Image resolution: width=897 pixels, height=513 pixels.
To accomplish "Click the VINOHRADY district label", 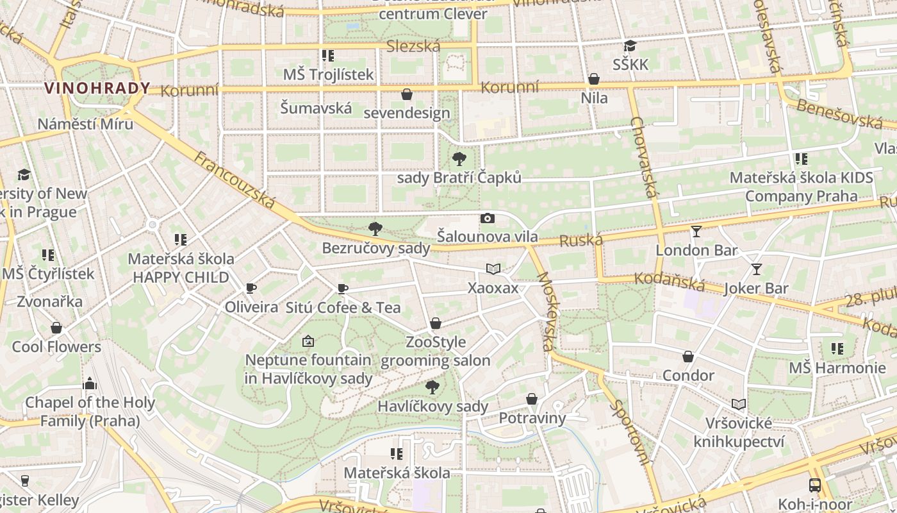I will click(x=97, y=88).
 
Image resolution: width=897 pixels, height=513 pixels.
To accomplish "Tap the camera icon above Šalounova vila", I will click(x=487, y=219).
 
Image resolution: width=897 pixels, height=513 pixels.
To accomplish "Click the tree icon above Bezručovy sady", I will click(x=375, y=229).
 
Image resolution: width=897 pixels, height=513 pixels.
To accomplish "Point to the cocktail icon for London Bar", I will click(x=696, y=231).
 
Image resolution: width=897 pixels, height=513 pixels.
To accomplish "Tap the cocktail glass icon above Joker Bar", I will click(x=756, y=269).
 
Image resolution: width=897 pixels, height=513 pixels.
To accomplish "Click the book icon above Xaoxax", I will click(x=493, y=269).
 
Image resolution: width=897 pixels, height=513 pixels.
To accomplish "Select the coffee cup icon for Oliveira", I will click(x=251, y=289).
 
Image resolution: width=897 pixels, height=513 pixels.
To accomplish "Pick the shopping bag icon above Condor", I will click(x=688, y=357).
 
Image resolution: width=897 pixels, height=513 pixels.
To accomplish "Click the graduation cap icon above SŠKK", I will click(x=630, y=46).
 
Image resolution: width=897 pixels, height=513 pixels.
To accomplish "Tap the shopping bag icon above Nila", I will click(x=594, y=80).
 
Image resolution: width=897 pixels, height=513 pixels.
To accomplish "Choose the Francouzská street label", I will click(x=235, y=181).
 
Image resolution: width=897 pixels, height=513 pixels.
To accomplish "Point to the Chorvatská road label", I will click(x=645, y=165).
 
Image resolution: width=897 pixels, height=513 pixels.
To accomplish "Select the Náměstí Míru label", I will click(x=85, y=124).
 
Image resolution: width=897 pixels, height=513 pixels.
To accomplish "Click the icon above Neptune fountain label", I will click(x=308, y=341).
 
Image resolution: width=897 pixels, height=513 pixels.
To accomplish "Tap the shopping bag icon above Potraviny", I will click(x=532, y=399).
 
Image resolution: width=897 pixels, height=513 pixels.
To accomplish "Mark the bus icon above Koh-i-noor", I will click(x=814, y=485).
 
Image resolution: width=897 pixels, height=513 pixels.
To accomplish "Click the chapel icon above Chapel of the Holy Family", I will click(x=90, y=384).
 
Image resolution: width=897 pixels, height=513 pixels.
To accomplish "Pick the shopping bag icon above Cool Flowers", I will click(x=56, y=328).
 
